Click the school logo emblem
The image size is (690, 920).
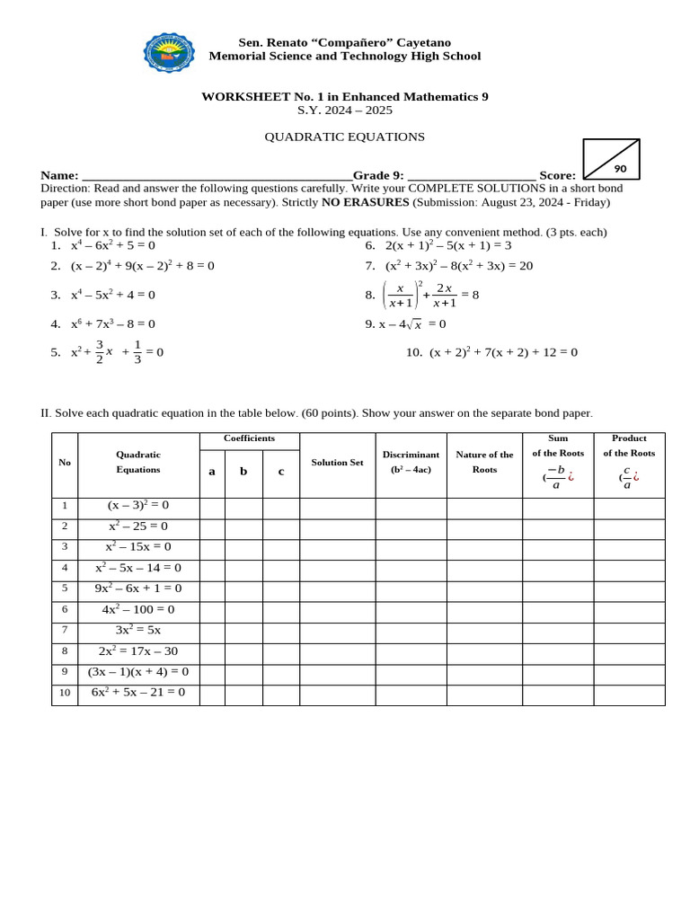tap(169, 52)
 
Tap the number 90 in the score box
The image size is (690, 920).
tap(620, 169)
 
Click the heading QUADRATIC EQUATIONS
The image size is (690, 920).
tap(344, 137)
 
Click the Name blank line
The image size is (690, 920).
tap(216, 176)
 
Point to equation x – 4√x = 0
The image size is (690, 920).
tap(405, 324)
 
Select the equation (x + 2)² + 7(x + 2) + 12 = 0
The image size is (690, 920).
tap(503, 352)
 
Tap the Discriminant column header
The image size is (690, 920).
tap(411, 461)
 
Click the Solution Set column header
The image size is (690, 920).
tap(337, 462)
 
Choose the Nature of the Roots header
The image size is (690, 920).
tap(484, 461)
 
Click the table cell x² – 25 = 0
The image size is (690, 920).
tap(138, 526)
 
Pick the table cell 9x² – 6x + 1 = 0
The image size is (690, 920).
tap(138, 588)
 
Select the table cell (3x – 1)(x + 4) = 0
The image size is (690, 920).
tap(138, 672)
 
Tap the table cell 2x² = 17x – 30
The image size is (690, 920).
tap(138, 651)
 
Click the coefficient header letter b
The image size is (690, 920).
tap(243, 471)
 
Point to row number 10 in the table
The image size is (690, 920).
tap(65, 693)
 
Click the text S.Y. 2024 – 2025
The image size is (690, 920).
tap(344, 111)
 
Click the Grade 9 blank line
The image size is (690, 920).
tap(471, 176)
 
